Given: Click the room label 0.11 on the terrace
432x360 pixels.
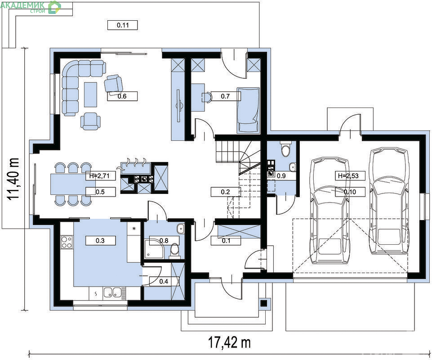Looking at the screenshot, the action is pos(122,25).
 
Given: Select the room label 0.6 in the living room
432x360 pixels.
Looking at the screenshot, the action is pos(122,96).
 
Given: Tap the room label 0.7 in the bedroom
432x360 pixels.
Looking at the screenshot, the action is pos(225,96).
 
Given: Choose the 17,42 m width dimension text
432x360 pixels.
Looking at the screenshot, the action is pos(229,342).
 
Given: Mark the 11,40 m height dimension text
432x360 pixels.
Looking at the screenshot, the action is pos(13,179).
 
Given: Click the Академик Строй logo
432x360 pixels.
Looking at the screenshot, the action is pos(31,7).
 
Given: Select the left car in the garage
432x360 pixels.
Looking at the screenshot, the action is pos(330,211).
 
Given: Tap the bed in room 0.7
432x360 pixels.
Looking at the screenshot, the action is pos(248,110).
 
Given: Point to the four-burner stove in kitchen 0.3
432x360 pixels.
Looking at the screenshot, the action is pos(67,242).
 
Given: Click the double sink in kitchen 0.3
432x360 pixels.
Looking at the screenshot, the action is pos(112,292).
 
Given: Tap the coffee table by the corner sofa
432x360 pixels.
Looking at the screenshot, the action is pos(90,94).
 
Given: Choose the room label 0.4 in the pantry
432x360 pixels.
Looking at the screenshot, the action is pos(164,281).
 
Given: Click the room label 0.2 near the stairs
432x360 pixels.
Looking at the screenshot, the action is pos(225,192).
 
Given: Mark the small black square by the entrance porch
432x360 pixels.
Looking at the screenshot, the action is pos(264,303).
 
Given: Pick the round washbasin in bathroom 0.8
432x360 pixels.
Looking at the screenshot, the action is pos(180,228).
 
